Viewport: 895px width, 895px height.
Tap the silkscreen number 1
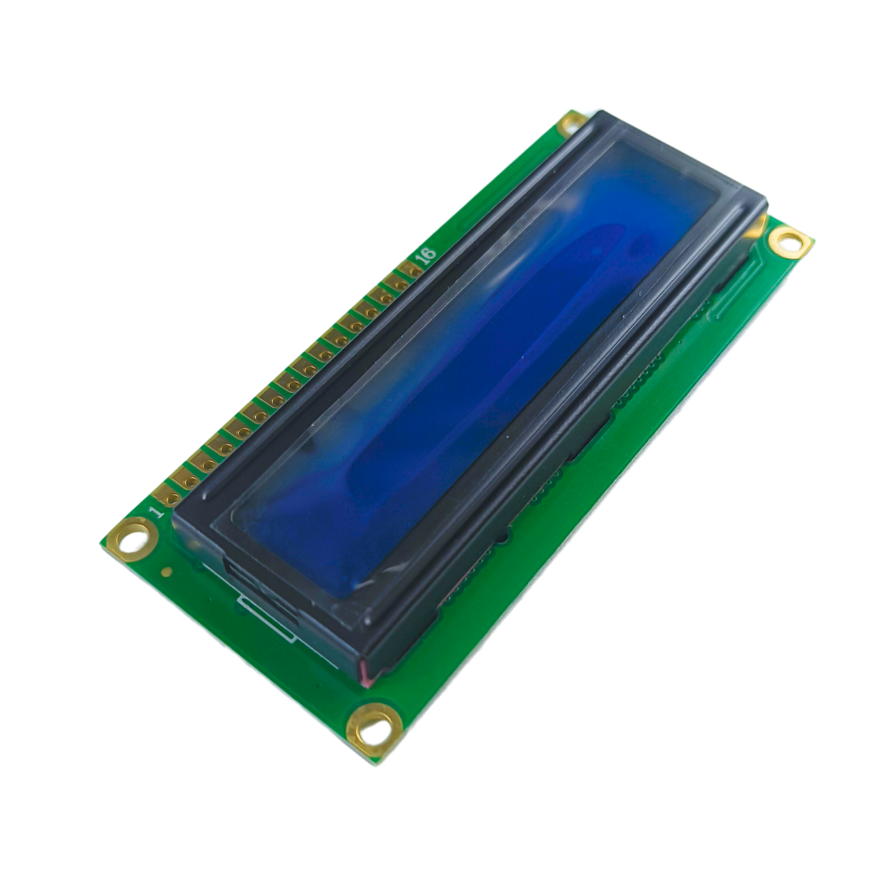pos(156,511)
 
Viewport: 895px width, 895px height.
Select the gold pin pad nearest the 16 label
pos(411,269)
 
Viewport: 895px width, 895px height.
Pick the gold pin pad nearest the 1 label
pos(168,496)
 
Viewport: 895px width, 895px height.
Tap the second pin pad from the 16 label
pos(396,282)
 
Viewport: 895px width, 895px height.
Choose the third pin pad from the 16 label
pos(380,295)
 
